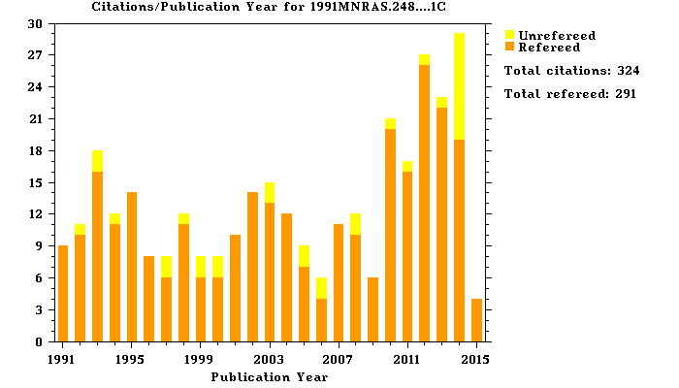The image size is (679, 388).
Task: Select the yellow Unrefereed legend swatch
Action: point(510,35)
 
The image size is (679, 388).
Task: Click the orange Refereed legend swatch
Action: point(510,46)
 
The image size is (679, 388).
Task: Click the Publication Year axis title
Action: point(270,376)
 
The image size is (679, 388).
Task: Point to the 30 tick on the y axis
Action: point(39,24)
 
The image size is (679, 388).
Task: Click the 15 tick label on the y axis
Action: point(39,183)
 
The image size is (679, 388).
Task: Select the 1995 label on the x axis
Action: point(132,358)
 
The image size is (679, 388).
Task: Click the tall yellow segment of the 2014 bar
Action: point(460,86)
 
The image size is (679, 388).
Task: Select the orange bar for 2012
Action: point(425,204)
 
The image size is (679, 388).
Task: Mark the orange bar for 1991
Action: point(63,294)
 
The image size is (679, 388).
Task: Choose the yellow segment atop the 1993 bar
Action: point(97,161)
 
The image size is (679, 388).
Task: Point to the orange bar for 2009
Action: point(373,309)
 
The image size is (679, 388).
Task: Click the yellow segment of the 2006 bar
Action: point(321,288)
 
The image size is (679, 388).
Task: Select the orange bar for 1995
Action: point(132,267)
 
